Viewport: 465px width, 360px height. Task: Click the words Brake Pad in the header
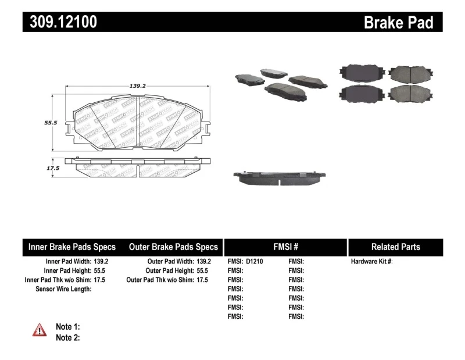(x=398, y=22)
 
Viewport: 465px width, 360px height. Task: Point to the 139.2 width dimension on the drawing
(x=137, y=85)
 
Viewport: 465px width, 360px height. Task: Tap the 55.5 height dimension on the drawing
(x=51, y=123)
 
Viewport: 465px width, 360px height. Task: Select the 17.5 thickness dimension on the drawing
(x=53, y=168)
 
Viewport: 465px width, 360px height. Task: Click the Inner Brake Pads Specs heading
(x=72, y=247)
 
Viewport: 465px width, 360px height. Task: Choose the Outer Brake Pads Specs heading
(x=173, y=247)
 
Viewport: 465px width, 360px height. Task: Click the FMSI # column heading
(x=285, y=247)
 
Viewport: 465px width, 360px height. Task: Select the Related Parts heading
(x=395, y=247)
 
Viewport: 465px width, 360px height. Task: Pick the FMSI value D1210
(x=255, y=262)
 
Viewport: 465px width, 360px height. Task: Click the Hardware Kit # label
(x=371, y=262)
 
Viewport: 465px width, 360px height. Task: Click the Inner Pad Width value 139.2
(x=101, y=262)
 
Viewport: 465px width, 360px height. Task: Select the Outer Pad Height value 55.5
(x=202, y=271)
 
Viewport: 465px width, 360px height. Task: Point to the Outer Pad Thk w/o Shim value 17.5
(x=202, y=280)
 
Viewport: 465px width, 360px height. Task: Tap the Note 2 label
(x=67, y=337)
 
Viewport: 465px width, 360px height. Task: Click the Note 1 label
(x=67, y=327)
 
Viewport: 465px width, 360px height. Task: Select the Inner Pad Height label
(x=67, y=271)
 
